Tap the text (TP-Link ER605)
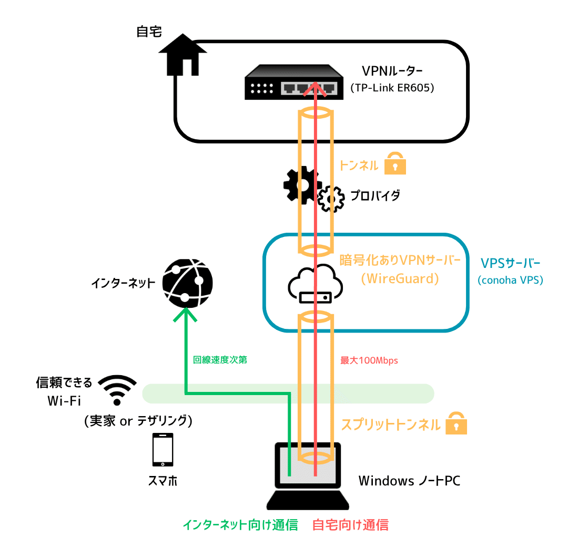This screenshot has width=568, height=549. pyautogui.click(x=392, y=88)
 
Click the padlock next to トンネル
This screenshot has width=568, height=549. pyautogui.click(x=395, y=164)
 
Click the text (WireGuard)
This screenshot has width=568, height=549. pyautogui.click(x=400, y=279)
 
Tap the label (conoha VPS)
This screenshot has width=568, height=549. pyautogui.click(x=510, y=281)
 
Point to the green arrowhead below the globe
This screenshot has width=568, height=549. pyautogui.click(x=186, y=314)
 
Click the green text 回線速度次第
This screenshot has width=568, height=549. pyautogui.click(x=220, y=360)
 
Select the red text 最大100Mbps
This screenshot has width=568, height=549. pyautogui.click(x=369, y=360)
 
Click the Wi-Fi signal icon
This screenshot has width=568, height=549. pyautogui.click(x=117, y=389)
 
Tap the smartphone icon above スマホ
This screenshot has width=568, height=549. pyautogui.click(x=163, y=450)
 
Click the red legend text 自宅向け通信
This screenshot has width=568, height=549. pyautogui.click(x=350, y=524)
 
